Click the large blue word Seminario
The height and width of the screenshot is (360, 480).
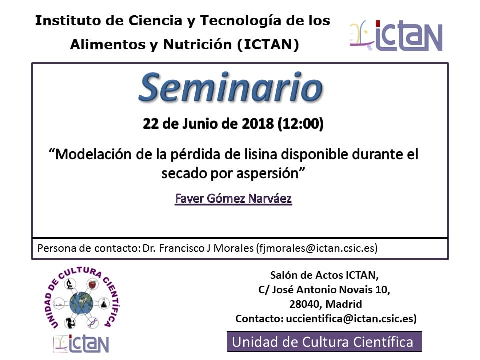pos(231,87)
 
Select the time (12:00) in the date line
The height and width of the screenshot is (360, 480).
pos(300,124)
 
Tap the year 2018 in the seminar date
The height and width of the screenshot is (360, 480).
pos(258,124)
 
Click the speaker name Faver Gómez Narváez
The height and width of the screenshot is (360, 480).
pos(233,198)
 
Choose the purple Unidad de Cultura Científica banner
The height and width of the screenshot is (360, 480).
pos(324,342)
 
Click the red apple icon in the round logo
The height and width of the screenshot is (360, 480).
pos(92,284)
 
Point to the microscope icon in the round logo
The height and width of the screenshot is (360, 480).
pos(70,284)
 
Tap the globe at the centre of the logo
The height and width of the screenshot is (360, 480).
pos(81,303)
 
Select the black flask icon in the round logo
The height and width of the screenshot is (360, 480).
pos(104,303)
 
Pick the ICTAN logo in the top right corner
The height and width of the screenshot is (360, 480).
pos(396,36)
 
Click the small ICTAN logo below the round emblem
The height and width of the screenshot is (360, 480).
pos(81,343)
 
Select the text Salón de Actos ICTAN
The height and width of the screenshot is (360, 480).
pos(324,275)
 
